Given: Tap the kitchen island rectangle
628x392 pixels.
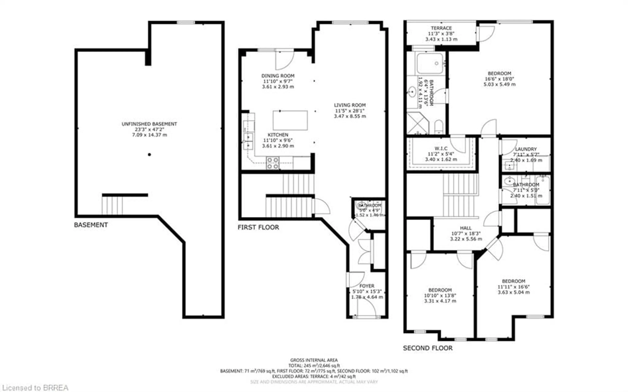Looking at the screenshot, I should (290, 120).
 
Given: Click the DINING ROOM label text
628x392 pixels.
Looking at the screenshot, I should (278, 76).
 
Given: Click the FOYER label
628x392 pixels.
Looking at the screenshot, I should (367, 286).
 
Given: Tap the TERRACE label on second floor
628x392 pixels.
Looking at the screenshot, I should (441, 28).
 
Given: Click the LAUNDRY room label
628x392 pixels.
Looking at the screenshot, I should (526, 149).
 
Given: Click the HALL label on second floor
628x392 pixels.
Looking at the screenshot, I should (466, 228).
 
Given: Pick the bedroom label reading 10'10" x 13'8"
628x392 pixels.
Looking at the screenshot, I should (440, 295).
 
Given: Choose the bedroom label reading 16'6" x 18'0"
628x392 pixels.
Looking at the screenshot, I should (499, 79).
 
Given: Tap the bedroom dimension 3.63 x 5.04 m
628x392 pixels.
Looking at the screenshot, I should (514, 292).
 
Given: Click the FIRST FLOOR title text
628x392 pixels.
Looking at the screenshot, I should (258, 227).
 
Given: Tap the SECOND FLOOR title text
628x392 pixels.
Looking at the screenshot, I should (427, 348).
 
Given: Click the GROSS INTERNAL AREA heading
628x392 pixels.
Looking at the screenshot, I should (314, 360).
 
